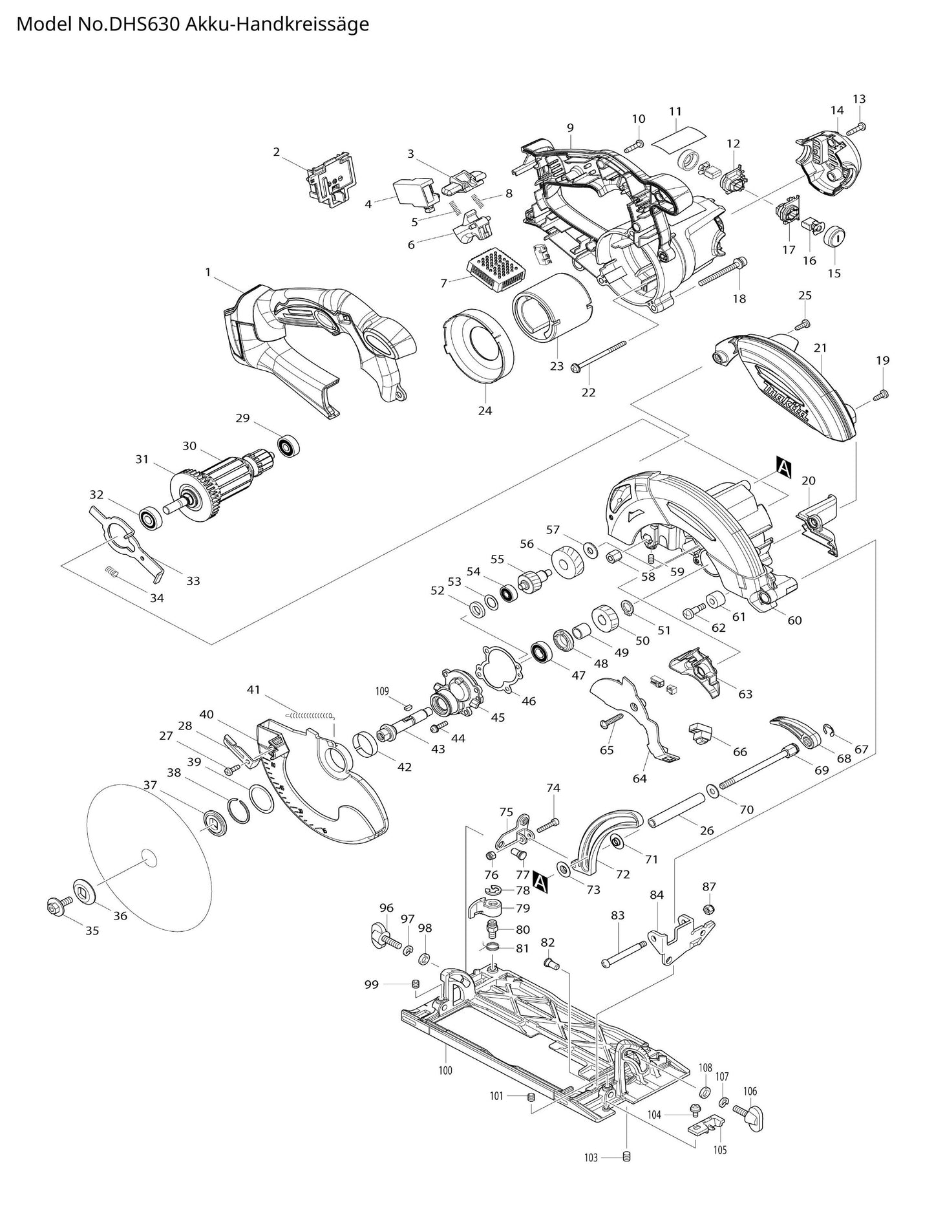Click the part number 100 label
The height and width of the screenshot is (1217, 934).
[445, 1070]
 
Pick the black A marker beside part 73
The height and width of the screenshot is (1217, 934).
[540, 881]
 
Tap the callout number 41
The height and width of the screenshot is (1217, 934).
[253, 689]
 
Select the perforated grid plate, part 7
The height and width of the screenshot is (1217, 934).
[501, 268]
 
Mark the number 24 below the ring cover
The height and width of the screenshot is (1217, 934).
[485, 410]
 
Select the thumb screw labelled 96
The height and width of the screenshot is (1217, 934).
[383, 934]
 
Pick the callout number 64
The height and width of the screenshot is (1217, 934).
[639, 778]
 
